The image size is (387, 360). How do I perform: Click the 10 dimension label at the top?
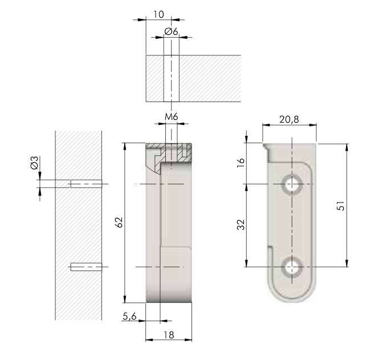click(158, 14)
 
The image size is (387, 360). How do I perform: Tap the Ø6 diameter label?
click(171, 31)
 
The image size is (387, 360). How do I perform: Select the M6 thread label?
click(172, 116)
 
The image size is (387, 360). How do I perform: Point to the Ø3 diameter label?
click(35, 163)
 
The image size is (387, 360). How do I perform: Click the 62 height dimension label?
click(119, 223)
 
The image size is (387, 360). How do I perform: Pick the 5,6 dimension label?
click(129, 316)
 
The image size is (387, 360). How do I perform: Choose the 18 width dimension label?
click(169, 335)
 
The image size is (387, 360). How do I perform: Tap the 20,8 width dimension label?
click(289, 120)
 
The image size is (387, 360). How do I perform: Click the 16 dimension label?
click(241, 163)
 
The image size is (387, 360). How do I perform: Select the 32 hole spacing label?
click(241, 225)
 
